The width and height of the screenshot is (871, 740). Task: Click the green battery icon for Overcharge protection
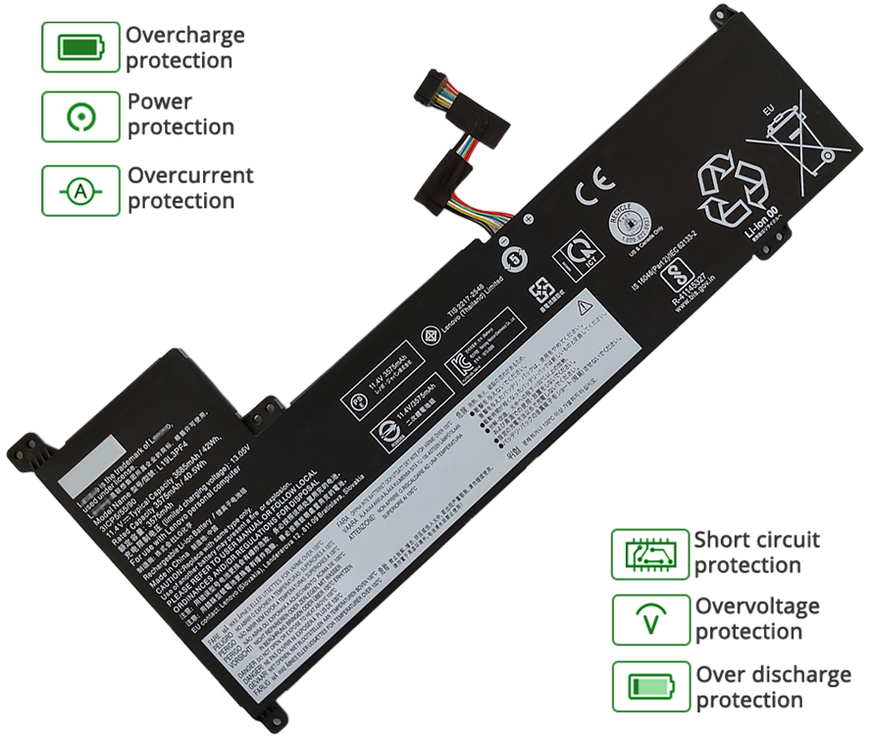pos(80,47)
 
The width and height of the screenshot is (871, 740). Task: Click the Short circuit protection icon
pos(650,555)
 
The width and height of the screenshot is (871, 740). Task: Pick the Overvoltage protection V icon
pos(650,620)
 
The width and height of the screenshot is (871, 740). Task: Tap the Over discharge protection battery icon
pos(650,686)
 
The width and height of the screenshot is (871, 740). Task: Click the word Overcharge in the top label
pos(184,36)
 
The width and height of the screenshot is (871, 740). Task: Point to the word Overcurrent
pos(190,177)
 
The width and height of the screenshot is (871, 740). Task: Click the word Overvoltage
pos(757,607)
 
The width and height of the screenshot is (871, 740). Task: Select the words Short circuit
pos(757,540)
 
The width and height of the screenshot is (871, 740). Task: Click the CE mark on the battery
pos(594,186)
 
